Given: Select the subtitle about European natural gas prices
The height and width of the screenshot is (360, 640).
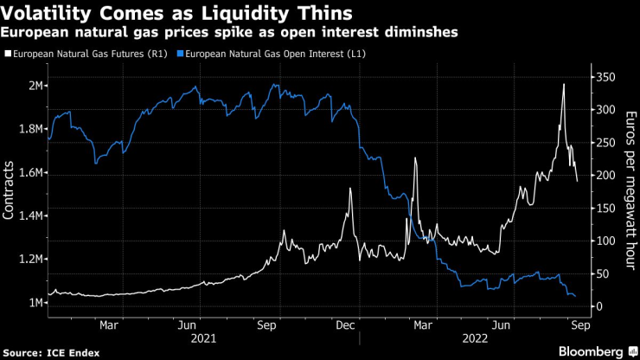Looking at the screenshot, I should click(x=230, y=32).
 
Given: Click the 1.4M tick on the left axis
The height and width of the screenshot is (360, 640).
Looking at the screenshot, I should click(x=34, y=215).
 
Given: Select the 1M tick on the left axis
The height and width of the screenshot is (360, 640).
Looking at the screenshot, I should click(x=37, y=302).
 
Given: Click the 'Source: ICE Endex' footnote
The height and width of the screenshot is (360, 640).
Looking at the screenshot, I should click(x=53, y=352).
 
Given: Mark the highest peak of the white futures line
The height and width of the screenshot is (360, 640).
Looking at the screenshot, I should click(x=564, y=84).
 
